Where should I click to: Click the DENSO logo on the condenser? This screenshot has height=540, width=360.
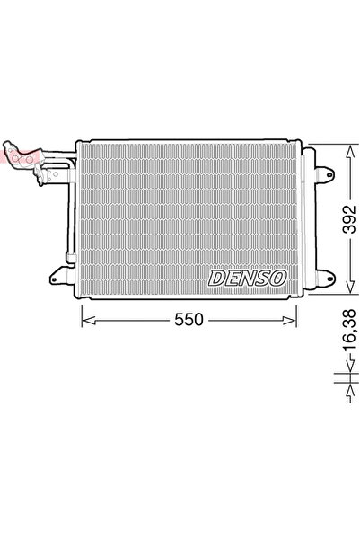(247, 279)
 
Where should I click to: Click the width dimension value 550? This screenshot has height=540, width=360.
(191, 320)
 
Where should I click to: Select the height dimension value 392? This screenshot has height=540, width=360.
(351, 218)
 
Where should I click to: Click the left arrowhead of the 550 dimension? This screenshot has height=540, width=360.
(86, 320)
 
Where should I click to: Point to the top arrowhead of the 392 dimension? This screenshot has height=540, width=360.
(347, 146)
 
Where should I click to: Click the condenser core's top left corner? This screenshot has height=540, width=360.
(81, 143)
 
